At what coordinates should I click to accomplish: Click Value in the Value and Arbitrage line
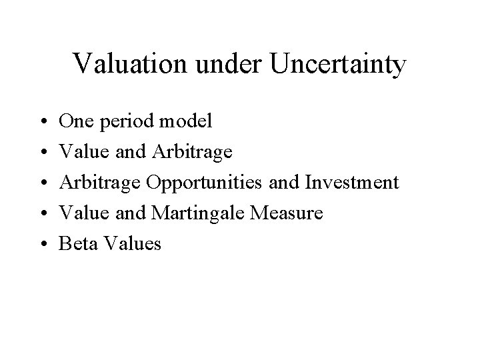pos(82,151)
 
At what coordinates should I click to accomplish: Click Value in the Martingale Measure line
pos(82,213)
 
